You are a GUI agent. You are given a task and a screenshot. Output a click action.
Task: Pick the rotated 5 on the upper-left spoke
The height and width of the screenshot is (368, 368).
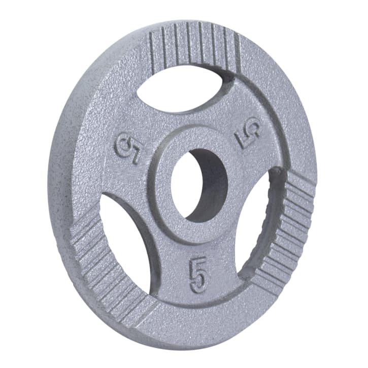coord(125,147)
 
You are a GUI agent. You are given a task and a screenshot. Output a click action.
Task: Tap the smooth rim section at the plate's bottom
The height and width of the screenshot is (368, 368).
coord(203,325)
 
